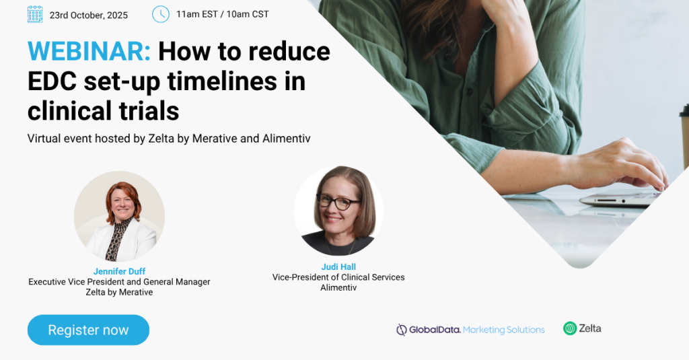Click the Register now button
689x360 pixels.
(88, 330)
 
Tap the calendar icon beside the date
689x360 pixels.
(35, 15)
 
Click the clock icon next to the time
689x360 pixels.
(161, 14)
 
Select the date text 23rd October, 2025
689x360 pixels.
(89, 15)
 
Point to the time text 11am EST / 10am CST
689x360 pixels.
(222, 14)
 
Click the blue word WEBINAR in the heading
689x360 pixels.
(89, 51)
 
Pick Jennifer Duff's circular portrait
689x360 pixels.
(120, 216)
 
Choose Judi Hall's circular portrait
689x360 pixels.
(338, 211)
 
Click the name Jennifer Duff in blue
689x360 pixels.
(119, 272)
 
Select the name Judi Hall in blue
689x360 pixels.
(338, 267)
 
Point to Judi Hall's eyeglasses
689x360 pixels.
(338, 202)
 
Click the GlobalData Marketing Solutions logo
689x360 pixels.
(470, 330)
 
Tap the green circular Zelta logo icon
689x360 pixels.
(570, 328)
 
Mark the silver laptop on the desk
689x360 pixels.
(620, 199)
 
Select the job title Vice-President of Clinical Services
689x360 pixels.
(338, 277)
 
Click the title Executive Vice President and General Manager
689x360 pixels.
(119, 282)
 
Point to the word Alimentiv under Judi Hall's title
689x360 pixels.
(338, 288)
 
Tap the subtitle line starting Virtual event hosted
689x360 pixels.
(169, 139)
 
